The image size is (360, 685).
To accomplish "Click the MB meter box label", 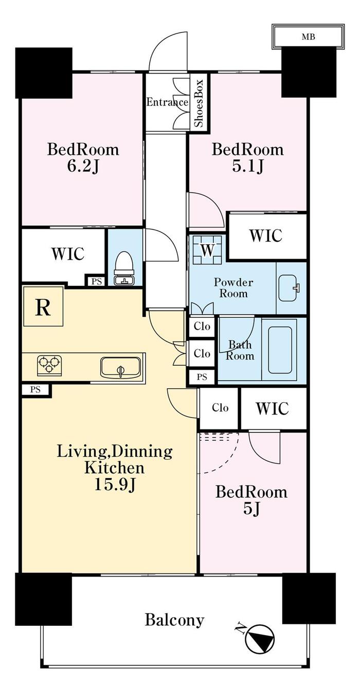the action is pyautogui.click(x=308, y=37).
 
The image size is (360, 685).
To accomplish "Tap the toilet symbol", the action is pyautogui.click(x=124, y=268).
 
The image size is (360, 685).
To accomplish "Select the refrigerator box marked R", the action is pyautogui.click(x=43, y=307).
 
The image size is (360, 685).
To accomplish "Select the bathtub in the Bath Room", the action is pyautogui.click(x=280, y=349).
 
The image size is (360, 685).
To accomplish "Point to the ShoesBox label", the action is pyautogui.click(x=199, y=103).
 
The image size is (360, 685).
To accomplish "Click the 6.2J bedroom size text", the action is pyautogui.click(x=83, y=167).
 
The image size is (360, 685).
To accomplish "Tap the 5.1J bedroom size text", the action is pyautogui.click(x=248, y=167).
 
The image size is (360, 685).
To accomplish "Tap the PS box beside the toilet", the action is pyautogui.click(x=96, y=281).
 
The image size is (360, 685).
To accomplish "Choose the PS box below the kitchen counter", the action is pyautogui.click(x=36, y=390).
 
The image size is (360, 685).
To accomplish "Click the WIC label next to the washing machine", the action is pyautogui.click(x=265, y=236).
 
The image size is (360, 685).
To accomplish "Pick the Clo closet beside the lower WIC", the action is pyautogui.click(x=220, y=408).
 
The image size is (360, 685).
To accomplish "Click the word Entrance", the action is pyautogui.click(x=167, y=101).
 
